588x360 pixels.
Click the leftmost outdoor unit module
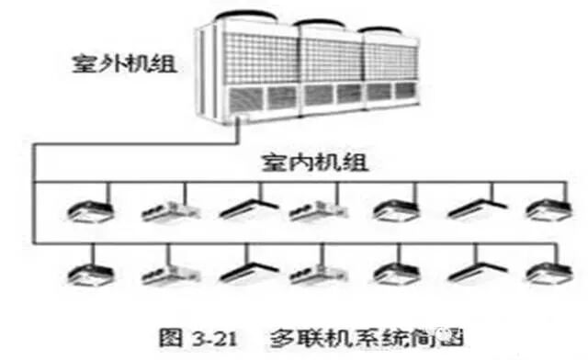point(249,69)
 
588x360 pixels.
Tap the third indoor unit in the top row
point(243,210)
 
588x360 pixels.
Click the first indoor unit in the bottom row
point(89,273)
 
